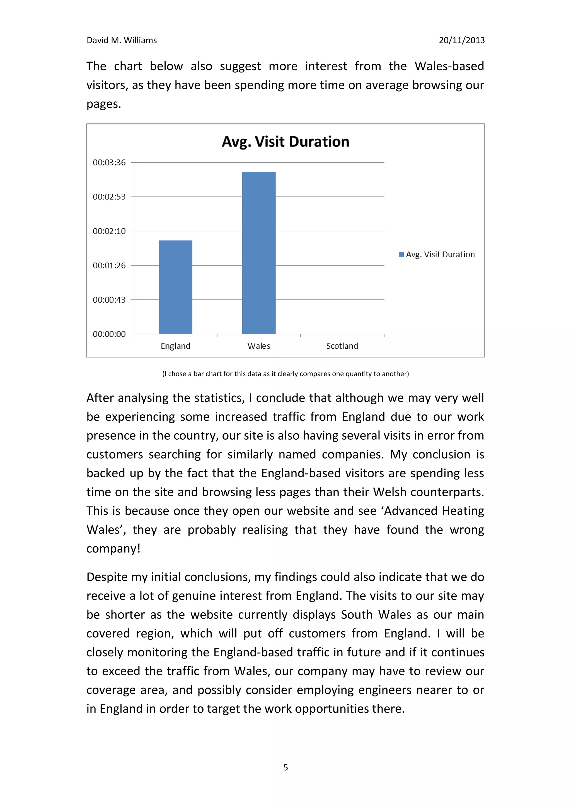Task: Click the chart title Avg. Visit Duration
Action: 285,142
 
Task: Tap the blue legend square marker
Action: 401,255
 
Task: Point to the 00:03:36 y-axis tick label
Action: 109,162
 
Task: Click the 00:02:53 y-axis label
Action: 109,197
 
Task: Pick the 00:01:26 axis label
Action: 109,265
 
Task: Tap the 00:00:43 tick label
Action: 109,300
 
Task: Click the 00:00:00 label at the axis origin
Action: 109,334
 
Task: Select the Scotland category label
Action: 342,346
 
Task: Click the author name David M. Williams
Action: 122,40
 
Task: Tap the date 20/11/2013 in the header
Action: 462,40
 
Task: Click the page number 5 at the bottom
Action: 285,767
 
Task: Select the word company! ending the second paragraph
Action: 113,549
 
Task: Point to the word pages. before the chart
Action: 103,104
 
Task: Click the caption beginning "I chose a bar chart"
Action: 285,374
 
